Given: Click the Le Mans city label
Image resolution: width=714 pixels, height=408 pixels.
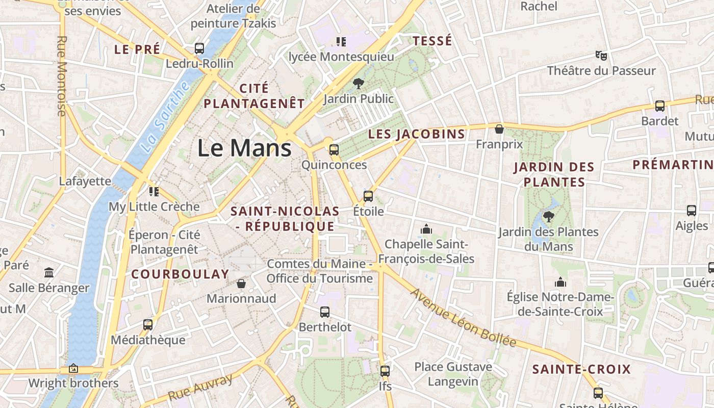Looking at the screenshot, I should pos(244,148).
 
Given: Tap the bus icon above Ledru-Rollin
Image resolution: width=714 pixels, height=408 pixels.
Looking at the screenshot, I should pos(199,48).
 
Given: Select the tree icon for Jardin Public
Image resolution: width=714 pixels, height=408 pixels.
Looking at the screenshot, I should pos(359,83).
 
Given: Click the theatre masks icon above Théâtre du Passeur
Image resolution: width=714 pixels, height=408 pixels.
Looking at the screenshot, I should pos(601,55).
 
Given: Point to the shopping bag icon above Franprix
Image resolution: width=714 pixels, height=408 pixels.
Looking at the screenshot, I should pos(499,129).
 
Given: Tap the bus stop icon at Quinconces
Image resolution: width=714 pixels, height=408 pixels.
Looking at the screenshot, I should pos(334,149).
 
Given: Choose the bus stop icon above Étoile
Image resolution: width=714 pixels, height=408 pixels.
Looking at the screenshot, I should pos(368,196).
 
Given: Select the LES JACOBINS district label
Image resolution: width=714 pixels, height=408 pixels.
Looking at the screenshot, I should pos(417,134).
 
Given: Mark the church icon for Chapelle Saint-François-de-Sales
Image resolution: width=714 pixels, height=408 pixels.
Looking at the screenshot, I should pos(426,229).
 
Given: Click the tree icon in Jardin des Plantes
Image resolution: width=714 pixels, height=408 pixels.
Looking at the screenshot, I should pos(549,217).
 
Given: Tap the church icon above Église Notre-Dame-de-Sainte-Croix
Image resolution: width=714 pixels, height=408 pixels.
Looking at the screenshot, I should pos(560,282).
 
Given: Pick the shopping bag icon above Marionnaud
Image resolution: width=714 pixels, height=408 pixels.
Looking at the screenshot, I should pos(241,283).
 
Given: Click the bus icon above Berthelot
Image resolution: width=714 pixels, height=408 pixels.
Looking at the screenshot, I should pos(325,312).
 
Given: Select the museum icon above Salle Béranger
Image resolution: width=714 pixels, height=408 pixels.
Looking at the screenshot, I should pos(49,272).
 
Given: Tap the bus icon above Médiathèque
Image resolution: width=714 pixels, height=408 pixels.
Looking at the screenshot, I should pos(148,324).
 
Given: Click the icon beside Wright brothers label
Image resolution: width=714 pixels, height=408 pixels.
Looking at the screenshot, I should pos(73,368).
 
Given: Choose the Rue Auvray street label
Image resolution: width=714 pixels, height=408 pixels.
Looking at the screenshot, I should pos(200,387).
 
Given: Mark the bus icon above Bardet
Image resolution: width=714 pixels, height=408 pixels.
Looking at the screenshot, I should pos(660,106).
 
